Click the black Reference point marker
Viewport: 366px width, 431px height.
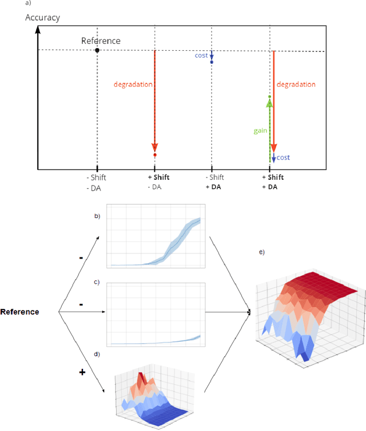pos(97,50)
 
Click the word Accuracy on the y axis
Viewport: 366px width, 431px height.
pos(42,18)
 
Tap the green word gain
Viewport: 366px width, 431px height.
pos(260,131)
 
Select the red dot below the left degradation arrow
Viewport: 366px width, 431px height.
pos(154,155)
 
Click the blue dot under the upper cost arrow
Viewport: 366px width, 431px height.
pos(212,62)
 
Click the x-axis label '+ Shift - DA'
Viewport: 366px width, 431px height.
pos(154,182)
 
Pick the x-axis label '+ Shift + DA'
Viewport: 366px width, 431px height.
pos(272,182)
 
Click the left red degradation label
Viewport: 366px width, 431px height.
pos(133,84)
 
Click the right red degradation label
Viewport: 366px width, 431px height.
pos(296,84)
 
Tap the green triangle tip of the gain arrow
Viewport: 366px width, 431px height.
pos(269,102)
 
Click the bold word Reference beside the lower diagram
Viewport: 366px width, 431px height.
pos(19,312)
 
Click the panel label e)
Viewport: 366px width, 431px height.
pos(261,252)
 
